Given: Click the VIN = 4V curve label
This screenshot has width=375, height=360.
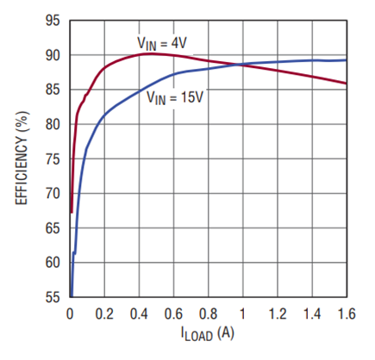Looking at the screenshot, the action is (x=162, y=44).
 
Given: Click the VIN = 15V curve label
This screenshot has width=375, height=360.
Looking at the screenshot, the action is (x=175, y=97).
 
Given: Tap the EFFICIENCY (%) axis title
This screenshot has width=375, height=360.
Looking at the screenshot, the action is (x=22, y=158).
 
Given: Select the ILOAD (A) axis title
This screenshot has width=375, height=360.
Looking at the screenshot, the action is (x=208, y=333).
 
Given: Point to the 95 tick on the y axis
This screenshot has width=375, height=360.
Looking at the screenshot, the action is (x=53, y=21).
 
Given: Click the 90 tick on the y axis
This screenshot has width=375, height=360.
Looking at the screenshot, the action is (x=53, y=55).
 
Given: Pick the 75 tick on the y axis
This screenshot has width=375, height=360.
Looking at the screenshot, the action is (x=53, y=159).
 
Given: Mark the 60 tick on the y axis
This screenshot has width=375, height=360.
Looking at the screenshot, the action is (x=53, y=263).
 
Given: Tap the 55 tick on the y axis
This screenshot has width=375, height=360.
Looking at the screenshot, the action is (x=53, y=297).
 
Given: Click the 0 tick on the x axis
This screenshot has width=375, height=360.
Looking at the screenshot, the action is (x=70, y=313).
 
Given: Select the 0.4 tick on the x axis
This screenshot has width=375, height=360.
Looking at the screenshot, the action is (x=139, y=313).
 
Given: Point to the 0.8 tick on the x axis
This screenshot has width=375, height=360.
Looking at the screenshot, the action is (x=209, y=313).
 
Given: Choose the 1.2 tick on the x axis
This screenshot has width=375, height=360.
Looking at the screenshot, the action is (x=278, y=313).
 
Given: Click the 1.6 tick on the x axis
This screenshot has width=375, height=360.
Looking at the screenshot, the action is (x=347, y=313).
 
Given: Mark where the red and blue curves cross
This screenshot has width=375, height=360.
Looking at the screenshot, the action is (x=240, y=65).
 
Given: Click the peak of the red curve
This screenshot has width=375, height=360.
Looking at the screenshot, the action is (x=148, y=53).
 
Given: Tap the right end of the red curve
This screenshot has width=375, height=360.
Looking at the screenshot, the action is (x=347, y=84).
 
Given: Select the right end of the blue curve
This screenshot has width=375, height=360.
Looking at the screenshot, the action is (x=347, y=60).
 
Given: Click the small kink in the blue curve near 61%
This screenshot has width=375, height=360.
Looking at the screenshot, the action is (x=74, y=252).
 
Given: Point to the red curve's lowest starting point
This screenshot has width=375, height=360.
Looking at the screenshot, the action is (x=72, y=213).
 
